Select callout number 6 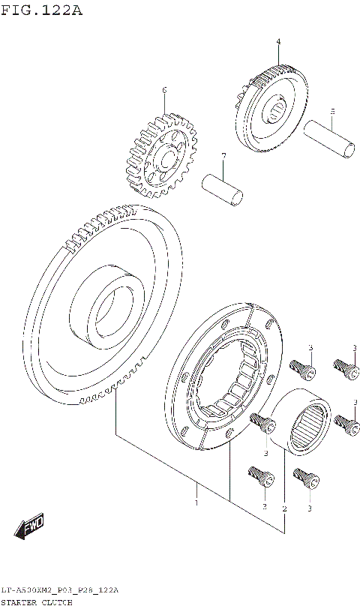pos(164,91)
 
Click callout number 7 pos(223,155)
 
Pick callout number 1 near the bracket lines pos(196,503)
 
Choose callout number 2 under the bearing pos(284,508)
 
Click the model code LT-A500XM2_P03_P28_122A pos(60,591)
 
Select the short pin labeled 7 pos(223,188)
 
